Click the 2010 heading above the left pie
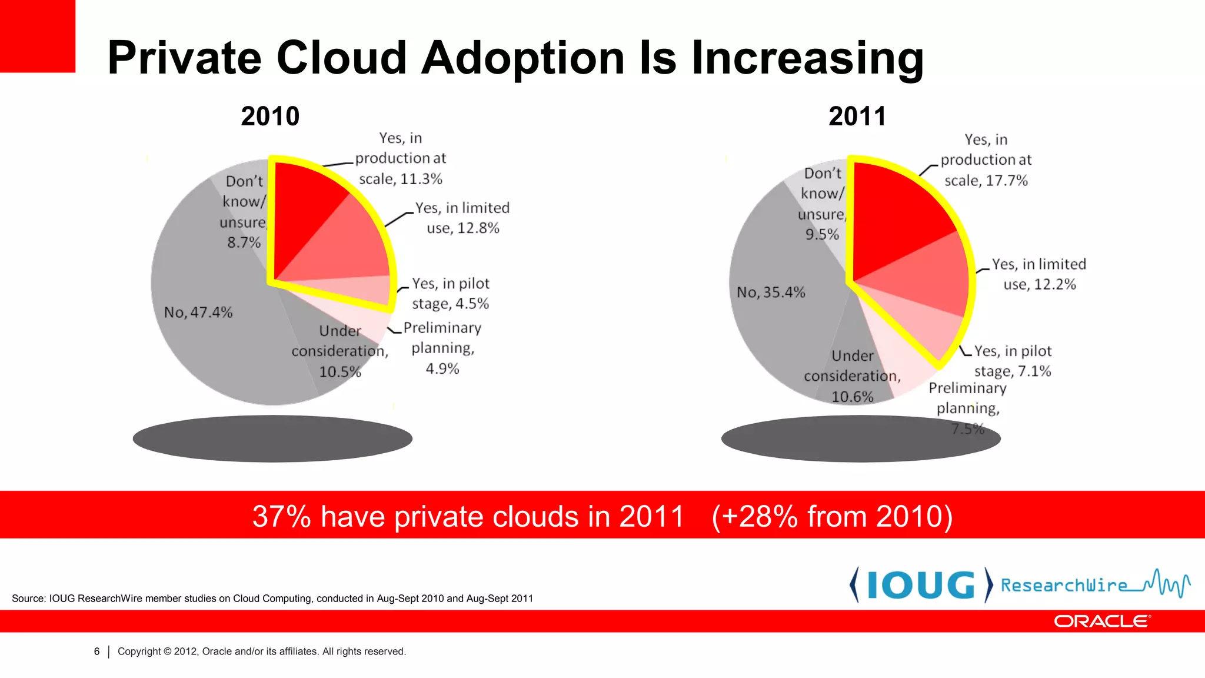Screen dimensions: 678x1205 click(270, 116)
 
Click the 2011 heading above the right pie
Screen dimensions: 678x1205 click(857, 116)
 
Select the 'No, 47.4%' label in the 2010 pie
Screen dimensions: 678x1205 click(198, 312)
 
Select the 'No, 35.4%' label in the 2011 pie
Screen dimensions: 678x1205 click(771, 292)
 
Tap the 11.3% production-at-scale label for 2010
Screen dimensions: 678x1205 click(401, 158)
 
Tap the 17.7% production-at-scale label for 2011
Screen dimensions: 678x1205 click(986, 160)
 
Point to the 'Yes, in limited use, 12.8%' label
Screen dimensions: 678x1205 click(462, 218)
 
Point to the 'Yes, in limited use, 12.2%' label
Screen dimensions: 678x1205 click(1039, 274)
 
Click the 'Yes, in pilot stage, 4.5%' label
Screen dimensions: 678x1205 click(451, 294)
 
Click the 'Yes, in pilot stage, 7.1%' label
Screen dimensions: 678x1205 click(1013, 361)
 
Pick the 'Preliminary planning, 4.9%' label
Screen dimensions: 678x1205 click(442, 348)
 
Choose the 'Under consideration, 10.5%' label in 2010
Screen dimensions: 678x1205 click(340, 351)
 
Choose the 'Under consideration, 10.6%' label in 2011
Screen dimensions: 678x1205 click(853, 376)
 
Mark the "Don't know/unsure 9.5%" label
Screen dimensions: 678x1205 click(823, 204)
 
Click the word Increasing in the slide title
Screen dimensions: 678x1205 click(807, 58)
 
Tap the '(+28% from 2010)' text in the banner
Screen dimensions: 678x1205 click(832, 516)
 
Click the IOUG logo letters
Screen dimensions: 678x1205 click(921, 585)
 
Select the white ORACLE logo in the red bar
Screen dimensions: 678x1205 click(1102, 621)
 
